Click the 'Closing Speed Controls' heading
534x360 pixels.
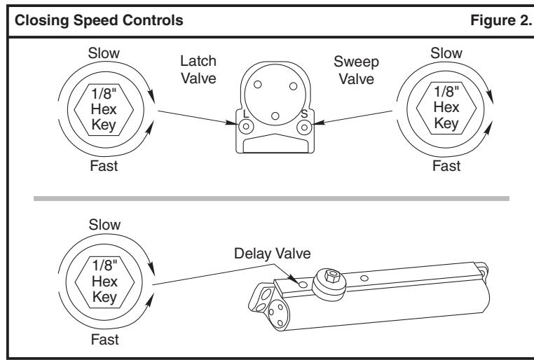coord(99,20)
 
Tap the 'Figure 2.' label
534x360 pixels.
coord(501,20)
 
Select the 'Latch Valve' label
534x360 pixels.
coord(198,70)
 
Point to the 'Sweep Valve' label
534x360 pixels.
coord(356,71)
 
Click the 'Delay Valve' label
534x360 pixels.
coord(272,254)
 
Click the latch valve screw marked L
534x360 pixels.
coord(246,127)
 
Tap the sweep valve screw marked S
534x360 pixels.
coord(304,127)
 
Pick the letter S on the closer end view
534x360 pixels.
coord(304,113)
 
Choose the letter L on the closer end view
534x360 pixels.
coord(246,113)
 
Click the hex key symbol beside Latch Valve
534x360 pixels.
coord(104,109)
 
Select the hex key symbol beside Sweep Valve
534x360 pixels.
coord(446,108)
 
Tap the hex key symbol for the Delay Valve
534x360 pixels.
coord(104,282)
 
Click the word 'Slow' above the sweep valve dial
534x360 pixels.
coord(446,53)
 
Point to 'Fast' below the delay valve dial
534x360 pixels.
coord(104,340)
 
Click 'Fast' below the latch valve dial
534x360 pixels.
coord(104,166)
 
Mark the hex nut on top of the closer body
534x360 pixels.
coord(332,275)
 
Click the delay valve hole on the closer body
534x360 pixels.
coord(303,284)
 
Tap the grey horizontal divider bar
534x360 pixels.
coord(271,198)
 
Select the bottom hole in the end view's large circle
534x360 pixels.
coord(275,116)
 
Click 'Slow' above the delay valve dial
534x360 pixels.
coord(104,225)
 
